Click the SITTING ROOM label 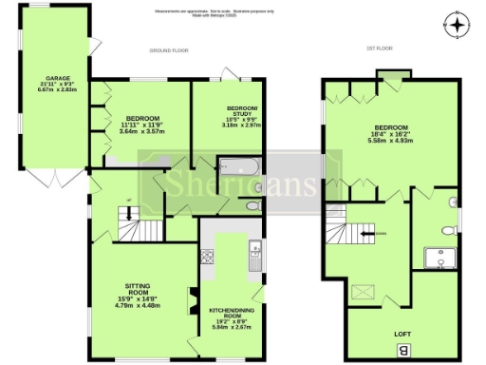139,285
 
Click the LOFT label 402,334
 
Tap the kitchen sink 255,250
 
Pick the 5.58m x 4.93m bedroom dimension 390,141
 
